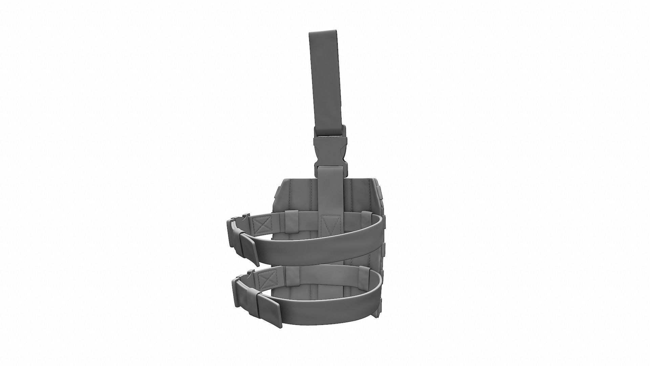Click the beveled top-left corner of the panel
[x=284, y=183]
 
